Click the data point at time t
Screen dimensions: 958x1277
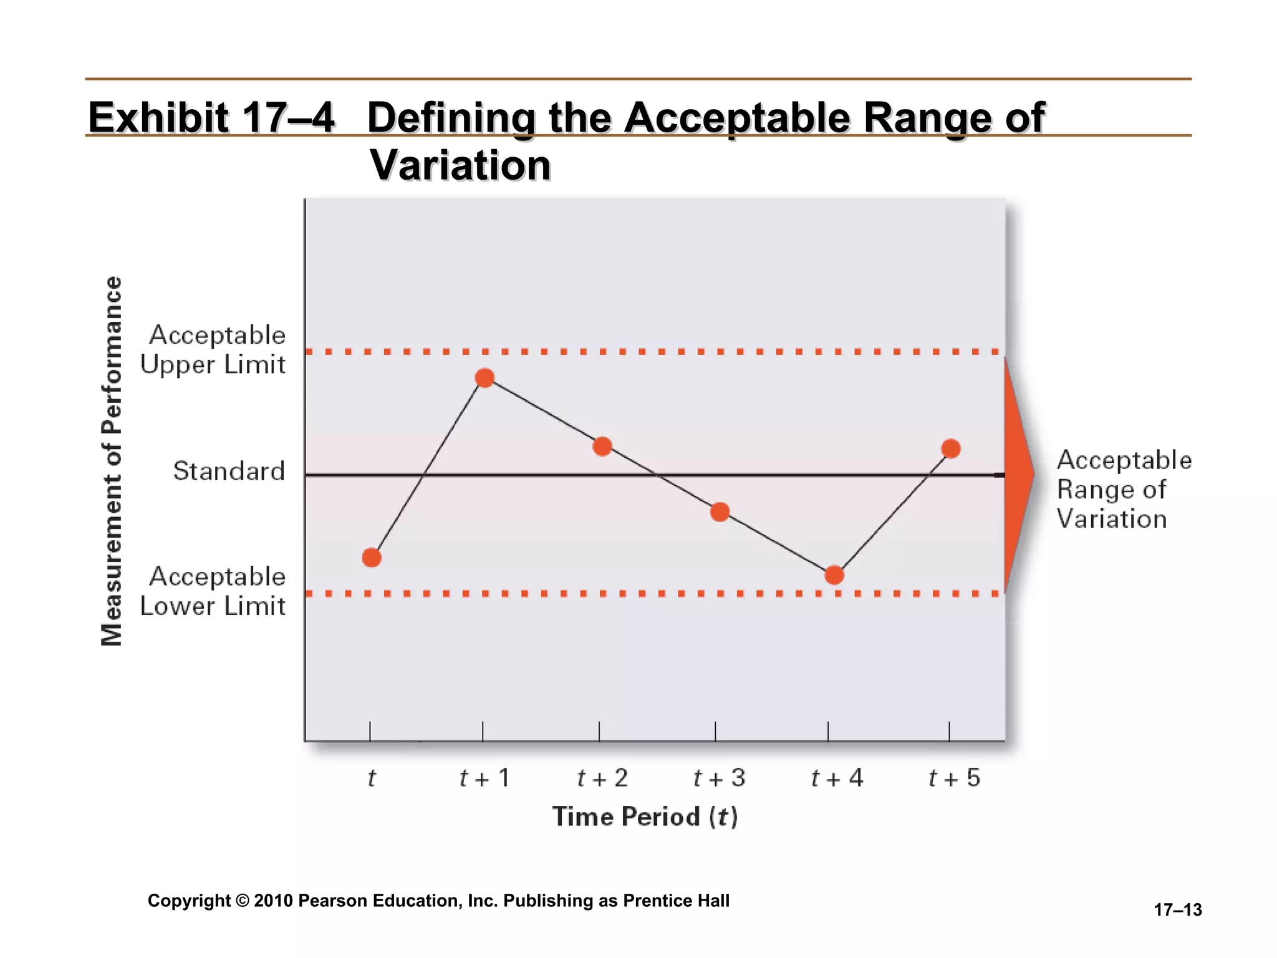tap(372, 557)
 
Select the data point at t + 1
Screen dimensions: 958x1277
tap(484, 378)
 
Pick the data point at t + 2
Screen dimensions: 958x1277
tap(602, 447)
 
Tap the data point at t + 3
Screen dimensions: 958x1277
tap(720, 512)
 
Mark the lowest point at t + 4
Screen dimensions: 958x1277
tap(834, 575)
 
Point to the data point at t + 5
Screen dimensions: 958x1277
tap(951, 448)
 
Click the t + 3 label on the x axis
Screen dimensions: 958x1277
tap(719, 778)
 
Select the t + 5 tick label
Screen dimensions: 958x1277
tap(954, 778)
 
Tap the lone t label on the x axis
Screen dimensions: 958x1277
tap(372, 778)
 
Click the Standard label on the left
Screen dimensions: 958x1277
tap(229, 471)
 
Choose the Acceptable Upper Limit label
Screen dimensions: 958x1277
tap(213, 349)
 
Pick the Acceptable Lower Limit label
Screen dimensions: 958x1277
tap(213, 591)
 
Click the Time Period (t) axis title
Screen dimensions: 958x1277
tap(645, 816)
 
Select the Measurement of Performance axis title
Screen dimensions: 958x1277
tap(112, 462)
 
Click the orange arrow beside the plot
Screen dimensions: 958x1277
tap(1016, 474)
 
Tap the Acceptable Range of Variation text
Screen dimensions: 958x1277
tap(1124, 490)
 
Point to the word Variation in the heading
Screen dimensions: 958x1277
tap(460, 165)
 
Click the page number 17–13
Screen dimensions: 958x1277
tap(1177, 910)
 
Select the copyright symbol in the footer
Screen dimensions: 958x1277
tap(243, 901)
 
